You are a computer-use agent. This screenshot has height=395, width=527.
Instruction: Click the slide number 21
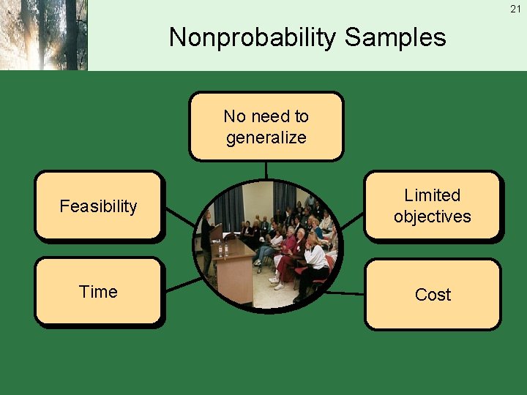click(x=515, y=9)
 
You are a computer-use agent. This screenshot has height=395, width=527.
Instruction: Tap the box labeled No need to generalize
click(x=266, y=126)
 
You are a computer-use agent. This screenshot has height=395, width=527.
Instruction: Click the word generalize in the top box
click(x=266, y=138)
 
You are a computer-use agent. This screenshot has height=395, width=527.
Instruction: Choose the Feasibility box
click(x=98, y=206)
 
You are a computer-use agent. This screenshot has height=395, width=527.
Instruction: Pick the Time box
click(x=98, y=291)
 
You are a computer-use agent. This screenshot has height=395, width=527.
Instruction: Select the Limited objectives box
click(x=432, y=206)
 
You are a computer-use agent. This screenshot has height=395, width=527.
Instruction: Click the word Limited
click(x=432, y=195)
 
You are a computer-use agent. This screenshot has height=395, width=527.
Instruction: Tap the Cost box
click(x=432, y=294)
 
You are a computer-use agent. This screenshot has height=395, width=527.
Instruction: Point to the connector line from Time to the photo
click(x=183, y=285)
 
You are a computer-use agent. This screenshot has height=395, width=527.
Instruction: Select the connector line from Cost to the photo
click(x=344, y=292)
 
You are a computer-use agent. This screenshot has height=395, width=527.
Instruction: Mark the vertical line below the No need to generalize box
click(x=266, y=170)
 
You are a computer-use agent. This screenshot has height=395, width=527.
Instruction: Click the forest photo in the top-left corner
click(x=44, y=35)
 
